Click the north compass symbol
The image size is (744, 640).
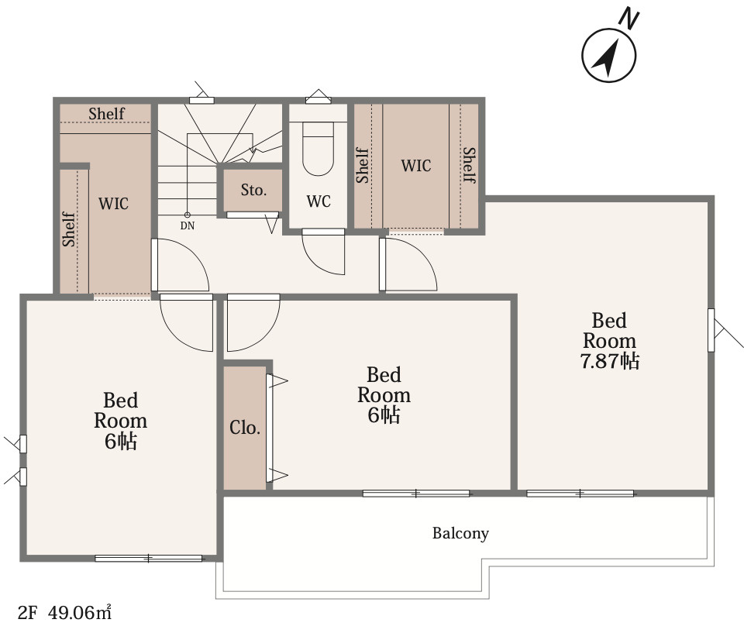(609, 55)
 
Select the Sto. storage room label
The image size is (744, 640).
(253, 190)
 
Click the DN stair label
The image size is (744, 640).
(188, 225)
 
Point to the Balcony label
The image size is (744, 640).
(460, 533)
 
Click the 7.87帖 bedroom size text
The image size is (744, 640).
(609, 361)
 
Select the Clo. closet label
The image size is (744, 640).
(244, 428)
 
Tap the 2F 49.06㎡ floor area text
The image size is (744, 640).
(64, 612)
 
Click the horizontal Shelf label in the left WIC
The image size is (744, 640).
(106, 114)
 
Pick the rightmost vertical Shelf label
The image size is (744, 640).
(469, 164)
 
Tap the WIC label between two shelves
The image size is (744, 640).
(416, 166)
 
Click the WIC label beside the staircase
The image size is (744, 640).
(113, 204)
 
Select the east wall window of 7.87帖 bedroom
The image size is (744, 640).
(711, 330)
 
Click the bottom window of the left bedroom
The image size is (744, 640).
(149, 559)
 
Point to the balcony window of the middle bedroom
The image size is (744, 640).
(416, 494)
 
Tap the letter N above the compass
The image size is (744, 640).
(629, 19)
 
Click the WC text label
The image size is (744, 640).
(319, 201)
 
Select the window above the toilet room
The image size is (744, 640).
(319, 100)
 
